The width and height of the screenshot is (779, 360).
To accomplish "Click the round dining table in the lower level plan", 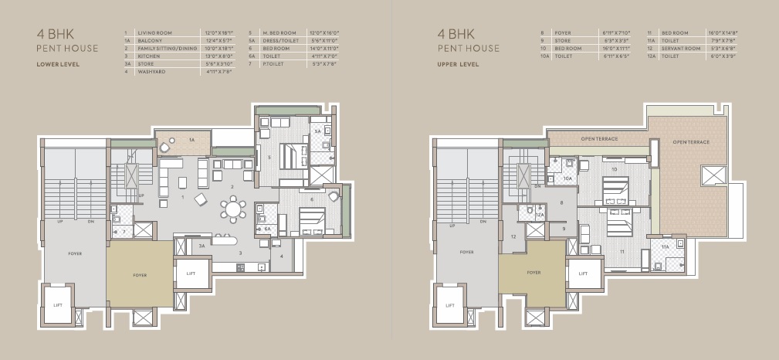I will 233,209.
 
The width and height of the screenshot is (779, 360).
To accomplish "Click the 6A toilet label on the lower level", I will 267,229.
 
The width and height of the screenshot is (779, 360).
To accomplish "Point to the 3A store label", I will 202,246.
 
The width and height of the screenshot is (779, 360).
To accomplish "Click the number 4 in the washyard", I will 282,256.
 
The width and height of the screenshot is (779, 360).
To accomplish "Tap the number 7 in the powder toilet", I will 124,231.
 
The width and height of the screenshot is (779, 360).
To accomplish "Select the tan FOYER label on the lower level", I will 140,275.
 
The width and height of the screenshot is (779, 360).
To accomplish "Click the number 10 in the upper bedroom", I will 615,168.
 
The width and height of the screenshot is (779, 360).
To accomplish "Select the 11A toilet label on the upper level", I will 665,246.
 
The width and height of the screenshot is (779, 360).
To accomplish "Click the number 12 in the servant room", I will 513,236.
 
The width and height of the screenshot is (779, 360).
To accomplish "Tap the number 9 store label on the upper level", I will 564,229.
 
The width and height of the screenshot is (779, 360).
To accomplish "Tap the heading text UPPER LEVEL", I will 458,64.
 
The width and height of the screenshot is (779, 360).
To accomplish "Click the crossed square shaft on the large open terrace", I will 710,175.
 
